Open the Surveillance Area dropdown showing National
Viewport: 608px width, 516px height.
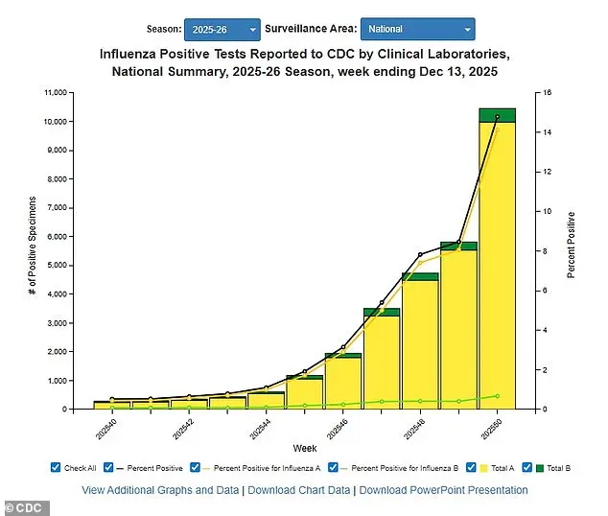417,30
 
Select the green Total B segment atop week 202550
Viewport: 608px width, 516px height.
497,115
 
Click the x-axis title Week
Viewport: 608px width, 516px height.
305,448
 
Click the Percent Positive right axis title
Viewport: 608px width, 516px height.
572,246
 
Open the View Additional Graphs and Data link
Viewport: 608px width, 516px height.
159,490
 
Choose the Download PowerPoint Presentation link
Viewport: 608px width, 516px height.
443,490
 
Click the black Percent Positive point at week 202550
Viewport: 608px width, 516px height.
497,117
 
